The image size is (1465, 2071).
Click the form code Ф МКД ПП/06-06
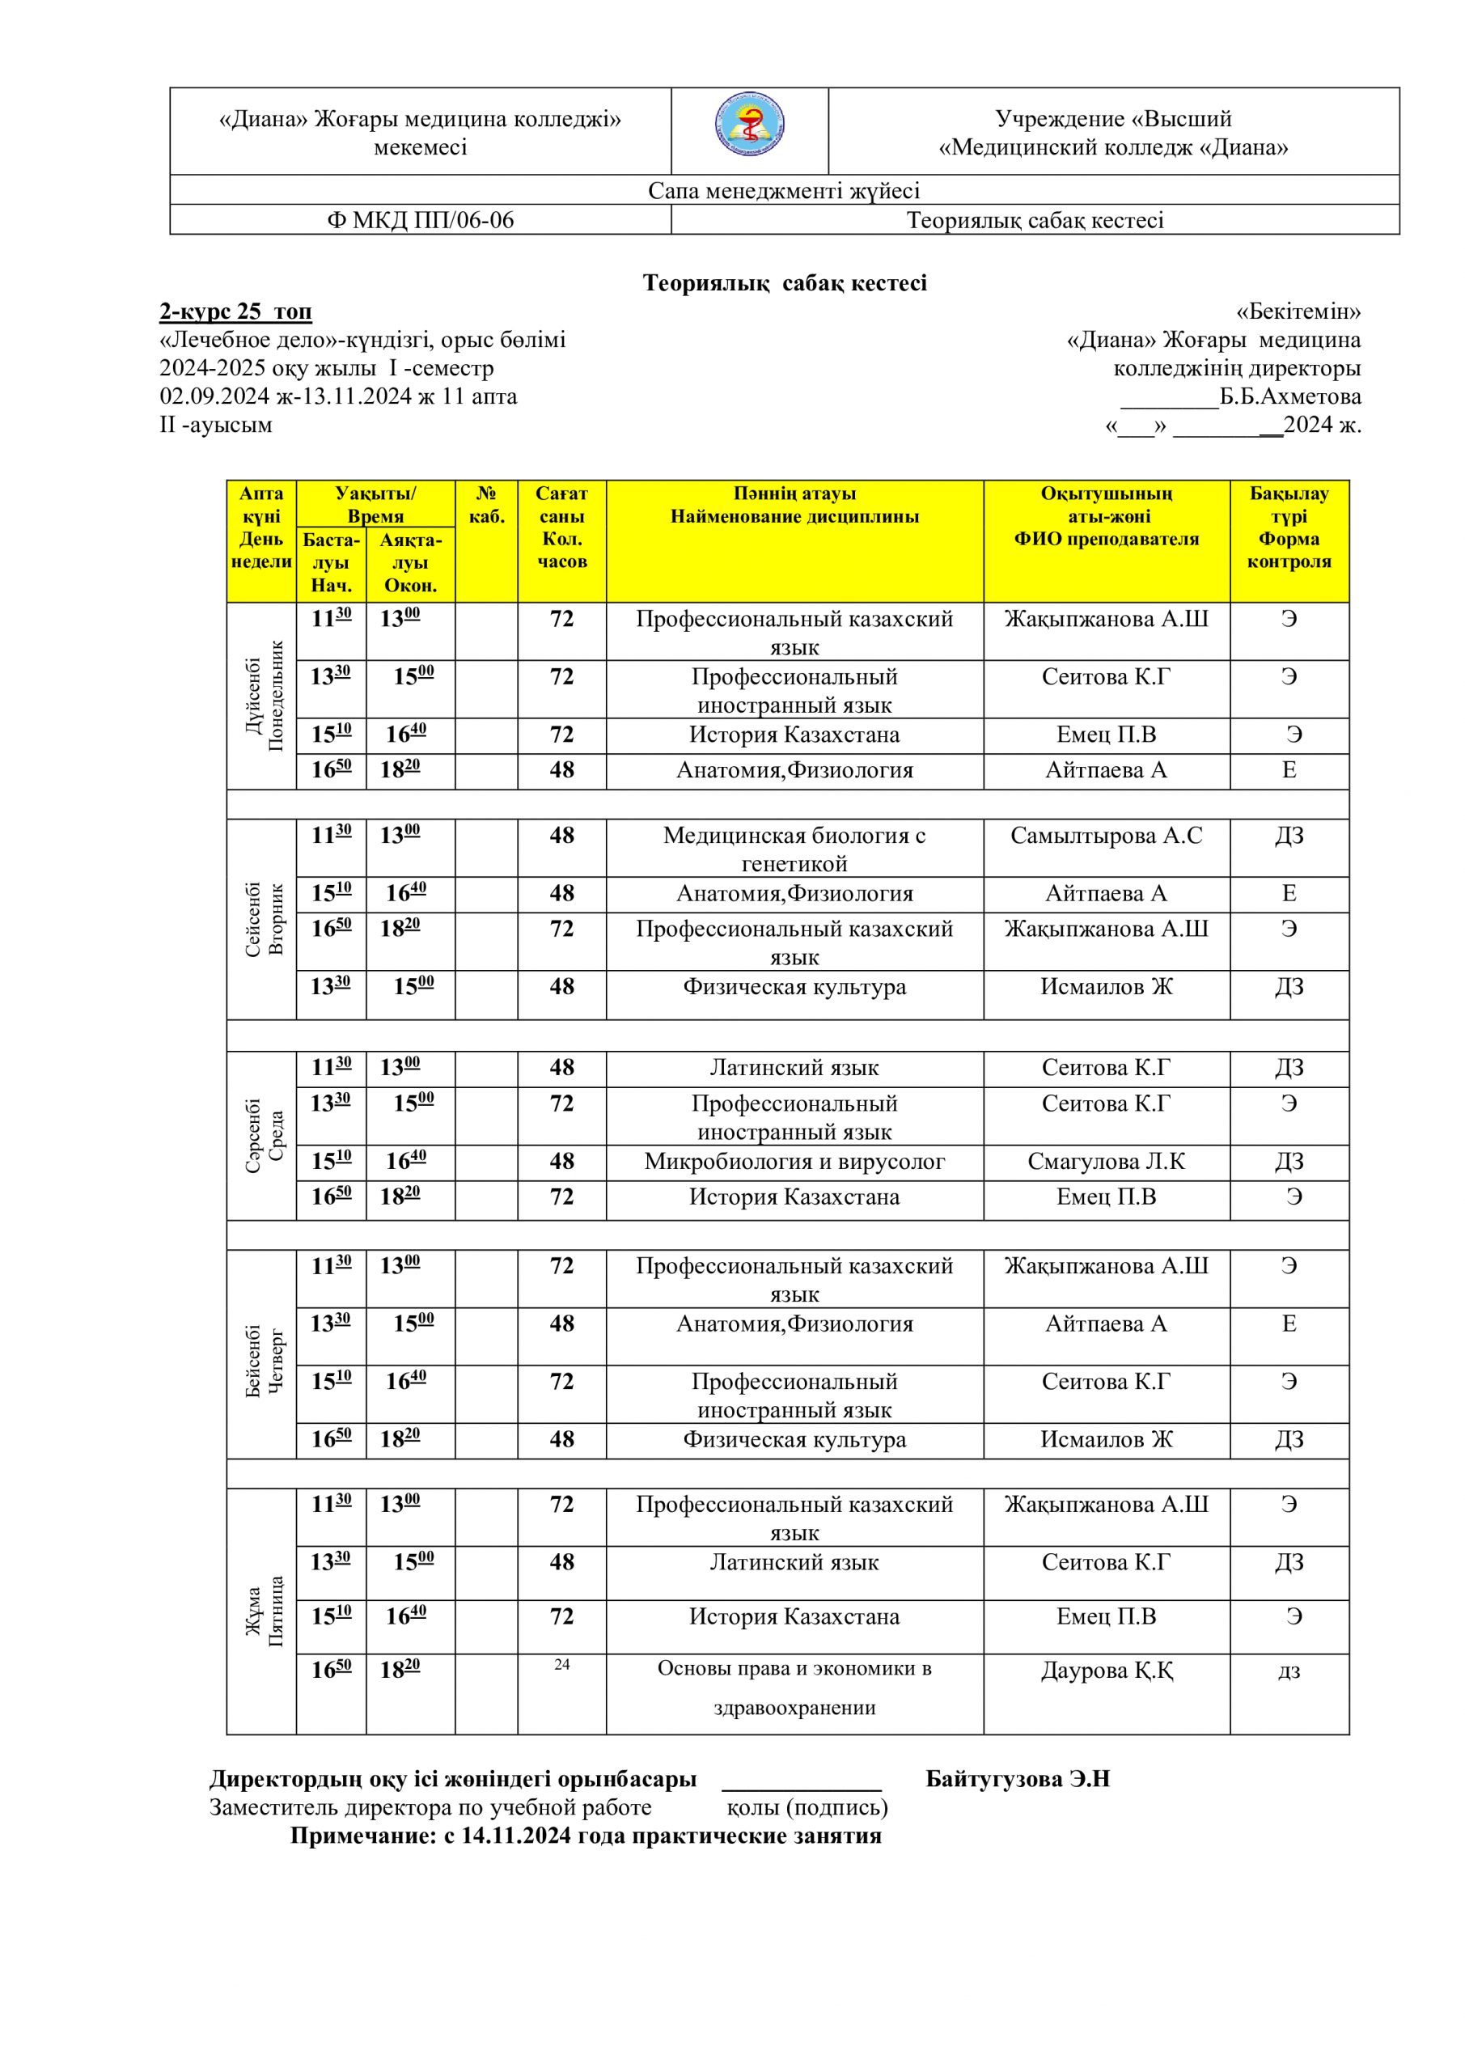[421, 220]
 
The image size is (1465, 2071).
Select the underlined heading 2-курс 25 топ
[235, 311]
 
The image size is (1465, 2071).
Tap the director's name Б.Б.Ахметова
[1290, 397]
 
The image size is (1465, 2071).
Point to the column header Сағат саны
[561, 527]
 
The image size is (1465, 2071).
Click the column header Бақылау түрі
[1289, 527]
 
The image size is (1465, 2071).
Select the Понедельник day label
[275, 696]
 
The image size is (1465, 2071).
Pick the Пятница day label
[275, 1611]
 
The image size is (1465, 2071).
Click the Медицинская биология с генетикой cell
[794, 849]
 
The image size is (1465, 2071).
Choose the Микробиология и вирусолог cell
[794, 1162]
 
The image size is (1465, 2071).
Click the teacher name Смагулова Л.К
[1106, 1162]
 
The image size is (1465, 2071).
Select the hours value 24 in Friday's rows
[561, 1665]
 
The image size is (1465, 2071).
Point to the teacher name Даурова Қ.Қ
[1106, 1671]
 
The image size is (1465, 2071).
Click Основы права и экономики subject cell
[794, 1687]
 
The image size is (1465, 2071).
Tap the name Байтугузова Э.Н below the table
[1017, 1780]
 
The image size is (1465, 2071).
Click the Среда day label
[275, 1136]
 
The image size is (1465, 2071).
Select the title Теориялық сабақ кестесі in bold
[784, 283]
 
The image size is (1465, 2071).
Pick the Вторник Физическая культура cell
[794, 987]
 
